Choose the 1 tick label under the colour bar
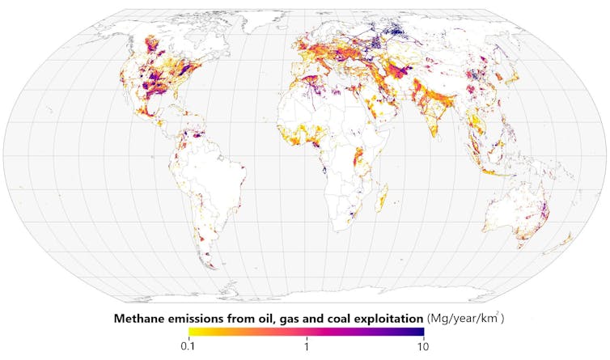(306, 346)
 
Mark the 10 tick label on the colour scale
(422, 346)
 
